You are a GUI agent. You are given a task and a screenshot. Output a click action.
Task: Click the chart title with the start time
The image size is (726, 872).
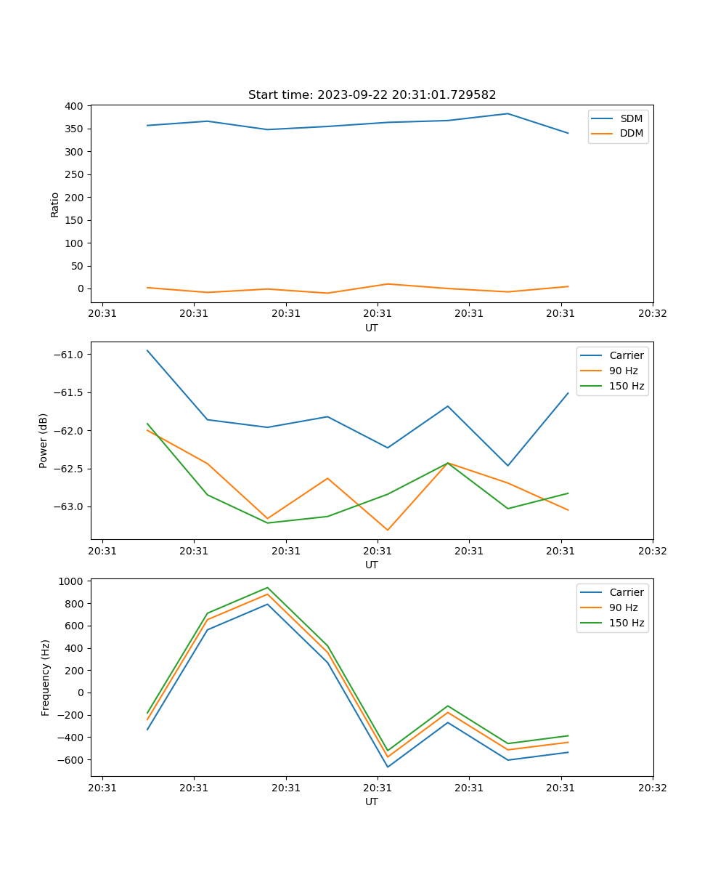point(372,95)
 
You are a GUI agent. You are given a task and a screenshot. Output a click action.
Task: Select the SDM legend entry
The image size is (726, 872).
point(631,118)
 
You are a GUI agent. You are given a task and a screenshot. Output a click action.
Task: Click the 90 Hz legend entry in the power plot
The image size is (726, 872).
point(624,371)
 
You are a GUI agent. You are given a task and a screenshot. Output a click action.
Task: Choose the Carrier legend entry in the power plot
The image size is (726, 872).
point(626,355)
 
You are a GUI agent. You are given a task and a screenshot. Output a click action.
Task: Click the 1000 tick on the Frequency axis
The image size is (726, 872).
point(71,581)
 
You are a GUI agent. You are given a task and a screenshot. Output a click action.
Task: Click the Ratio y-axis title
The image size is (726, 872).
point(55,204)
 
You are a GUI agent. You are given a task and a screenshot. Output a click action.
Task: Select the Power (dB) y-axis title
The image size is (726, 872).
point(44,440)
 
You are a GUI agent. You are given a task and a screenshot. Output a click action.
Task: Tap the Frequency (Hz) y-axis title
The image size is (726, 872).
point(45,677)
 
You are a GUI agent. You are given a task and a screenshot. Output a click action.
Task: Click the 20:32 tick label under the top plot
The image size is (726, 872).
point(652,314)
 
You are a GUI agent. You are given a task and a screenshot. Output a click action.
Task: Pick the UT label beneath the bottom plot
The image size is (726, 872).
point(372,802)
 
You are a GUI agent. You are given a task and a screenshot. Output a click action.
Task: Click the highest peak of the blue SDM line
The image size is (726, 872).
point(507,113)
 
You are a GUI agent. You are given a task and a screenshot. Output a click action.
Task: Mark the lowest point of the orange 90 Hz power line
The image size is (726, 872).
point(387,530)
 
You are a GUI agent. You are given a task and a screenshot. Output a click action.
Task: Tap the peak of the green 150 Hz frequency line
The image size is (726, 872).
point(267,587)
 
